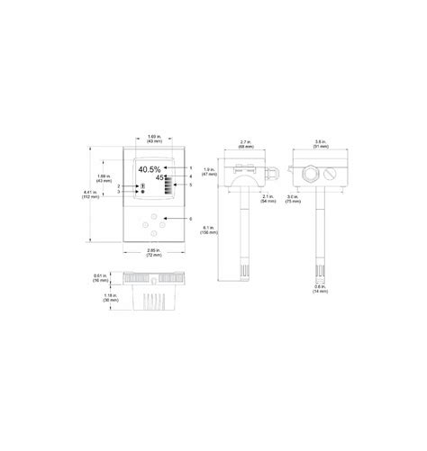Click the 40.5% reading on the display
click(x=150, y=169)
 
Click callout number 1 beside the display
click(x=191, y=168)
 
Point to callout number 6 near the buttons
click(x=191, y=219)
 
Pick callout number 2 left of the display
click(x=119, y=186)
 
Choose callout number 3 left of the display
click(x=119, y=193)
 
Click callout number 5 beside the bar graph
click(x=191, y=185)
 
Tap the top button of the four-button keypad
click(x=154, y=215)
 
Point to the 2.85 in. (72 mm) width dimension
click(x=153, y=257)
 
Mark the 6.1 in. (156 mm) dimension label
click(x=209, y=230)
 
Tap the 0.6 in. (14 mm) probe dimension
click(x=321, y=289)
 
